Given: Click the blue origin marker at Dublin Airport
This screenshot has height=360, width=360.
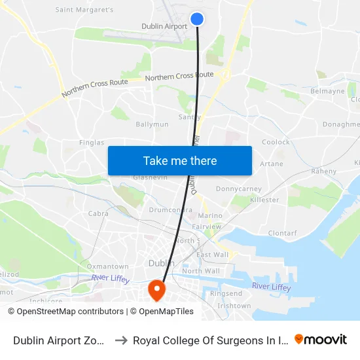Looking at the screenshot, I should (x=196, y=20).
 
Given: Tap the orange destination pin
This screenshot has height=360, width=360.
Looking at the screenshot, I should (x=157, y=289).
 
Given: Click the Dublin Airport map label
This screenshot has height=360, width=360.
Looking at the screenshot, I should (x=164, y=27).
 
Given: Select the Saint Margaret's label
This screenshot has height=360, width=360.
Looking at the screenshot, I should (x=84, y=10).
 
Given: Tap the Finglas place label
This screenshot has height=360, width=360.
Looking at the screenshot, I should (x=91, y=143).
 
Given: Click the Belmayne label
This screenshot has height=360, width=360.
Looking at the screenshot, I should (x=327, y=92).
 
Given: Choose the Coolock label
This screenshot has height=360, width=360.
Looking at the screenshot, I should (x=276, y=142).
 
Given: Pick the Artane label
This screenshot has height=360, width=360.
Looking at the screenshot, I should (x=272, y=164).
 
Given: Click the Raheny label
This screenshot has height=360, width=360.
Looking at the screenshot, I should (x=323, y=171).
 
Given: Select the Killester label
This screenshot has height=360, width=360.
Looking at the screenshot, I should (x=264, y=200).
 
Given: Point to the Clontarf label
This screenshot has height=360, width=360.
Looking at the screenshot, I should (x=282, y=232).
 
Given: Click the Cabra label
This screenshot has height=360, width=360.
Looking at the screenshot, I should (x=98, y=213).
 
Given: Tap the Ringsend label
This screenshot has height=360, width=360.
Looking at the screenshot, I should (x=226, y=294).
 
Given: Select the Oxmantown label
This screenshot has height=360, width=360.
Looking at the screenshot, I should (x=108, y=266).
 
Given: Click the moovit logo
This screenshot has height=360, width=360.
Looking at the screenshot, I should (x=321, y=339).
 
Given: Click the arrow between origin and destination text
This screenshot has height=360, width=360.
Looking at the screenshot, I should (x=121, y=340).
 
